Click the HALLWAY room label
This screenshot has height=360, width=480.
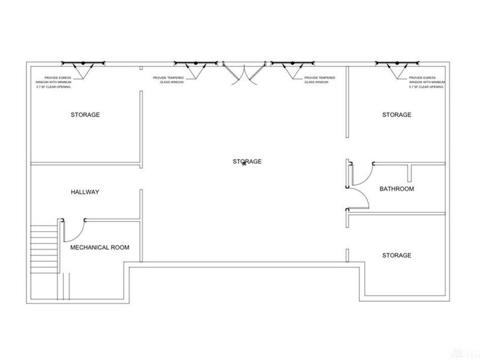point(85,192)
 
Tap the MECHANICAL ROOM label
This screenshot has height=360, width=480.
point(100,247)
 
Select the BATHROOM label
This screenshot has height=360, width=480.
point(397,189)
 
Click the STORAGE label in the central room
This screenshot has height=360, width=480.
point(247,161)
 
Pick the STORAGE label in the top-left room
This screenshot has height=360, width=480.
point(85,115)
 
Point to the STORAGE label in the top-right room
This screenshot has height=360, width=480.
point(397,115)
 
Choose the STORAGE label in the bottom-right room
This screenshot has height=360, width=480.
point(397,256)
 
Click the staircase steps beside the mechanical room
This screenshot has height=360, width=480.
point(44,249)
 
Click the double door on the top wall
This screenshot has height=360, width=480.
point(244,73)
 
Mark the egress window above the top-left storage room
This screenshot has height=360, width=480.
point(83,64)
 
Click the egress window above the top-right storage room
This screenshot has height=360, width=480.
point(397,64)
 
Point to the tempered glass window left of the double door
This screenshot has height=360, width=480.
point(196,64)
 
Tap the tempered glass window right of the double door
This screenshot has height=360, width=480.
point(292,64)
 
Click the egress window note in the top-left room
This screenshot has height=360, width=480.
point(53,82)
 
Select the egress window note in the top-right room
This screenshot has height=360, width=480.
point(427,82)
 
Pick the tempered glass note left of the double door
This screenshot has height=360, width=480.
point(169,80)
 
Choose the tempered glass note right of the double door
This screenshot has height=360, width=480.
point(320,80)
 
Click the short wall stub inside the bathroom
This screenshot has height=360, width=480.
point(409,173)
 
